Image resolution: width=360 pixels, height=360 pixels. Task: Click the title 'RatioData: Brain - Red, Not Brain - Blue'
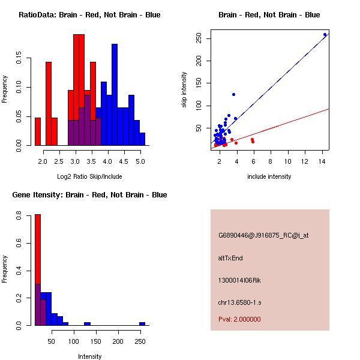(89, 15)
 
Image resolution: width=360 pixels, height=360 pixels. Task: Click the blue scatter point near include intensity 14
(325, 35)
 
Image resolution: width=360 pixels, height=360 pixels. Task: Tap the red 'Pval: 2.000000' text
(239, 319)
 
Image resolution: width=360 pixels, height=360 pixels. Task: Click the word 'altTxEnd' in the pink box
(230, 258)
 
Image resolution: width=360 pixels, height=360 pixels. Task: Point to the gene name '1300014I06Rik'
(239, 280)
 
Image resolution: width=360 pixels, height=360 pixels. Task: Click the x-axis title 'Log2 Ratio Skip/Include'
(89, 176)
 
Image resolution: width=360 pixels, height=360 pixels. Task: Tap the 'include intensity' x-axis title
(269, 176)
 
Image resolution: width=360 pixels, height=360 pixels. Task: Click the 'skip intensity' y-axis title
(184, 90)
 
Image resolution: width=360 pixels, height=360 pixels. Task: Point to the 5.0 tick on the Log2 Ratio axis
(140, 161)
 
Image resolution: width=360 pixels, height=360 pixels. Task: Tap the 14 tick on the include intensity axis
(322, 161)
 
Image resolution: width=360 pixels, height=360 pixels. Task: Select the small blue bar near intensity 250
(142, 323)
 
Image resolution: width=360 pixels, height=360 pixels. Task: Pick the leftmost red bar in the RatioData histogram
(38, 131)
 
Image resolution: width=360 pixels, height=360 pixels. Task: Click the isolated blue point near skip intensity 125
(233, 94)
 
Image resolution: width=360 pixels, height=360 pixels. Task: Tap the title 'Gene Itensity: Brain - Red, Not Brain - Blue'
(89, 195)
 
